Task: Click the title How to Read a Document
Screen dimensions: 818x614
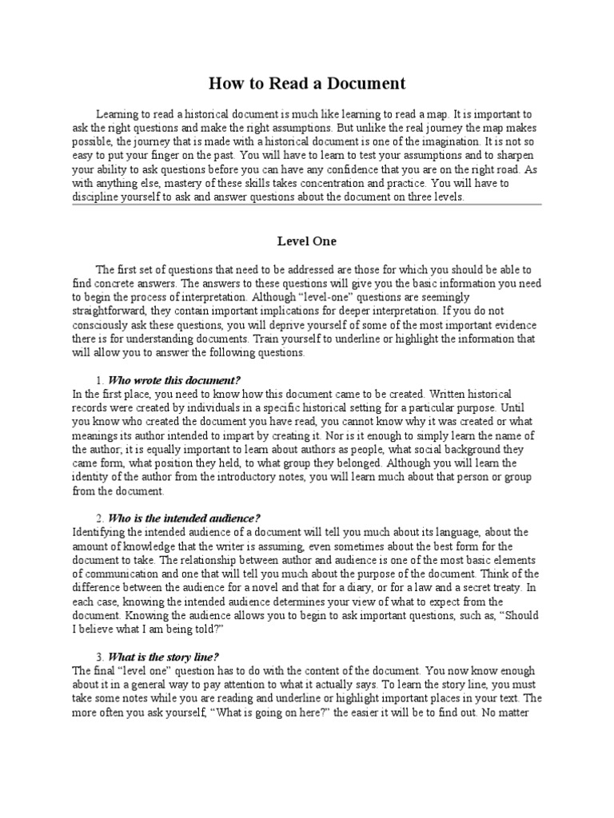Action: tap(307, 83)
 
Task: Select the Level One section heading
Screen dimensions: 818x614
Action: tap(307, 240)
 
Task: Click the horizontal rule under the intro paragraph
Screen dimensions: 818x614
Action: tap(307, 204)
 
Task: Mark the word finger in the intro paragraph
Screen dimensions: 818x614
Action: tap(169, 156)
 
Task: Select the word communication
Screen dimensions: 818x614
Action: tap(124, 573)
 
